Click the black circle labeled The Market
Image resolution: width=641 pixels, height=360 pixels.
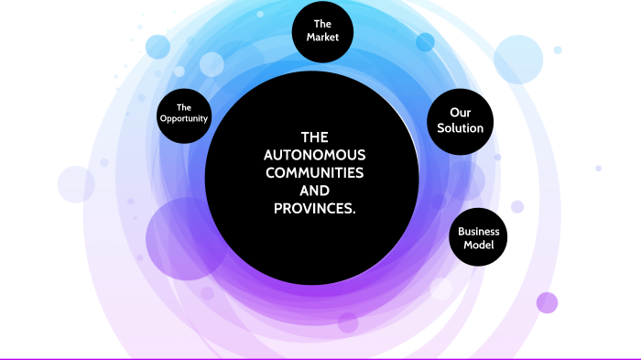pyautogui.click(x=321, y=30)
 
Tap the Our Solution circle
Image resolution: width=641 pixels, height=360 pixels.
pyautogui.click(x=460, y=121)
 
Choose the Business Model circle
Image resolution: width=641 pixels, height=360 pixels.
pyautogui.click(x=476, y=238)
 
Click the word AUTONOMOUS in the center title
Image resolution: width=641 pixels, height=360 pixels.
pyautogui.click(x=314, y=155)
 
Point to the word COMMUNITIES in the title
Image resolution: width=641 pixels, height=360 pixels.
pyautogui.click(x=314, y=173)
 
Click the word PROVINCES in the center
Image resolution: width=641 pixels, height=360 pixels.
pyautogui.click(x=314, y=209)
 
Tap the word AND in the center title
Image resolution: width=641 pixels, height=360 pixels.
pyautogui.click(x=314, y=191)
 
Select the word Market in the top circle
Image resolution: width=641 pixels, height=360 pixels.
pyautogui.click(x=322, y=38)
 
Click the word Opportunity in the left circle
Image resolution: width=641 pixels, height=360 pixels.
pyautogui.click(x=184, y=119)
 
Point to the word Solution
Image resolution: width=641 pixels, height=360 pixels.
pyautogui.click(x=460, y=128)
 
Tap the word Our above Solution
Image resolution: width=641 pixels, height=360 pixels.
pyautogui.click(x=460, y=113)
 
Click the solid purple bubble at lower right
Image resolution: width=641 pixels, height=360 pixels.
pyautogui.click(x=547, y=302)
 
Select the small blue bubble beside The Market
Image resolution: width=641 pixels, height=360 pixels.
pyautogui.click(x=425, y=42)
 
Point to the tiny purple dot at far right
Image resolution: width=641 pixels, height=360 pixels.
pyautogui.click(x=598, y=169)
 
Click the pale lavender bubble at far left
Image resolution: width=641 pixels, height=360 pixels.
pyautogui.click(x=76, y=184)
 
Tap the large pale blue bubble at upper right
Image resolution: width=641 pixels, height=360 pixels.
pyautogui.click(x=518, y=60)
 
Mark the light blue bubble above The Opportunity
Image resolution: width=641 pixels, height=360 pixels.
pyautogui.click(x=158, y=47)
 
